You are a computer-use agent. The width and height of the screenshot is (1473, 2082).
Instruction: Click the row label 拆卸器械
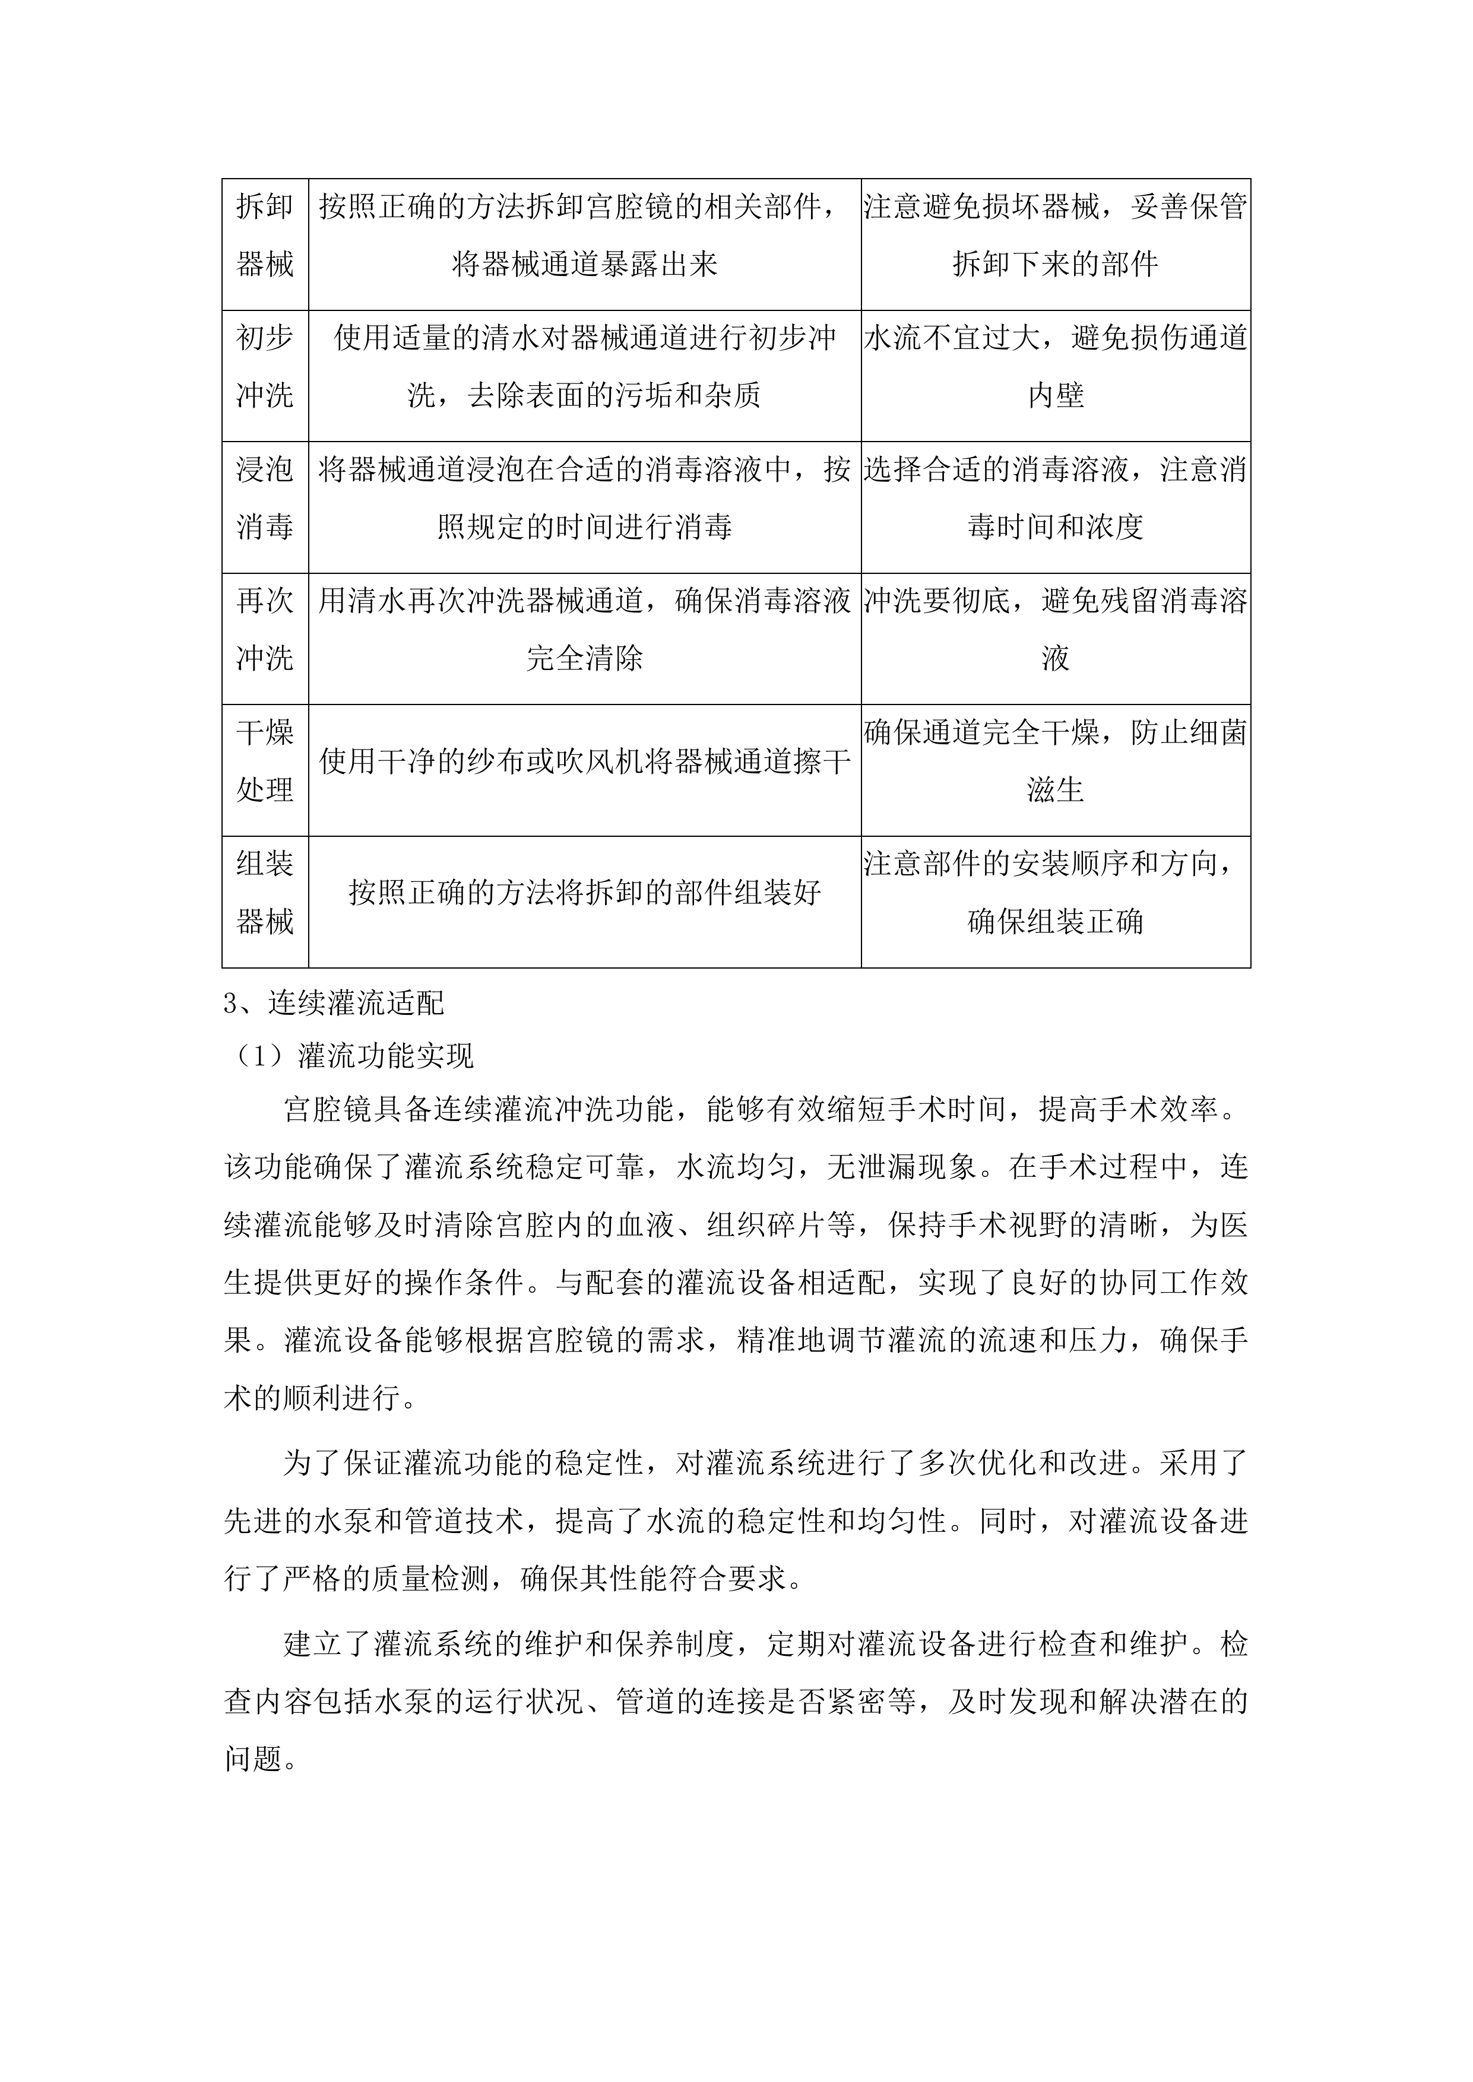265,236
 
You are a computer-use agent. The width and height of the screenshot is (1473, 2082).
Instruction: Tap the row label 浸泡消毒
265,498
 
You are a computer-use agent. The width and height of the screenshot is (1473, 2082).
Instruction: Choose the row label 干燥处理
265,761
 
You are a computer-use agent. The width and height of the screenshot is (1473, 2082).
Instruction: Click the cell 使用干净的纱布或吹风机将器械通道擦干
584,761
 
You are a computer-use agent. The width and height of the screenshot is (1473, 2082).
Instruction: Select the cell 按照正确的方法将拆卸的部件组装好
584,893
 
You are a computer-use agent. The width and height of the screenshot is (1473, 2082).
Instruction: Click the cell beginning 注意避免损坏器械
1055,236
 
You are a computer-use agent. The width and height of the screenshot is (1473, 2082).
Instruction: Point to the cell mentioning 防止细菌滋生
1055,761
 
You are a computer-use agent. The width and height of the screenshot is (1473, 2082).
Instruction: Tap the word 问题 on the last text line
253,1759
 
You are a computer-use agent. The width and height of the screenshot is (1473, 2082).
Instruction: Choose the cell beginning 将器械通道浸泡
584,498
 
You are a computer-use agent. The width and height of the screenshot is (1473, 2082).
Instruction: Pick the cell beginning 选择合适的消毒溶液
1055,498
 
